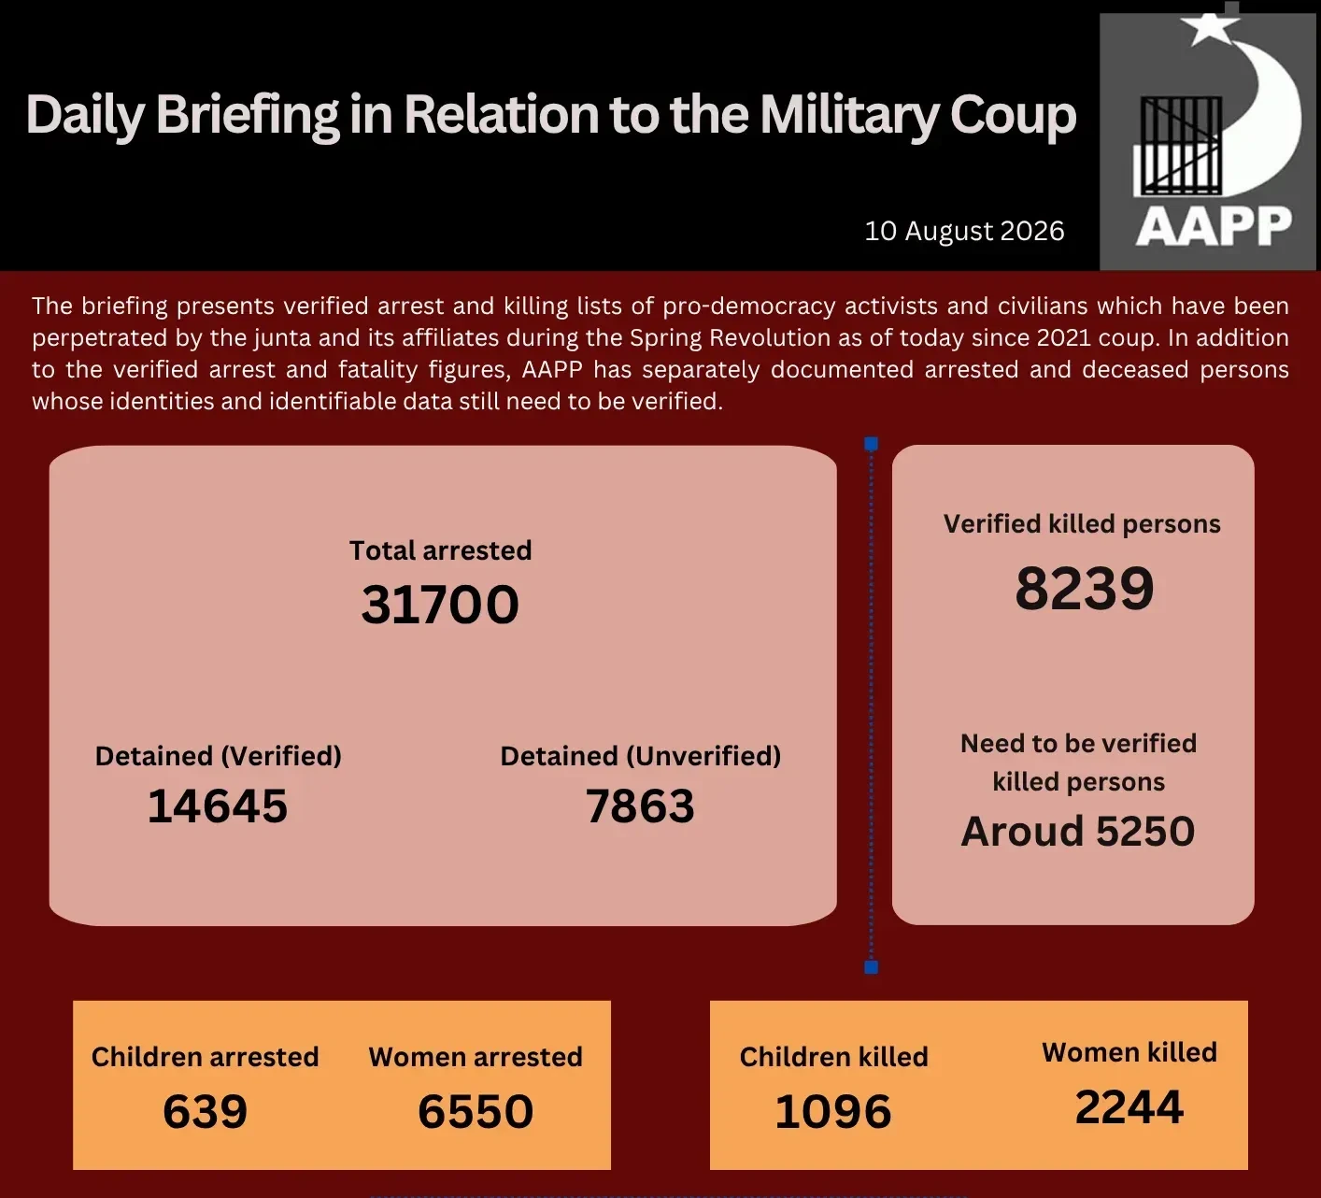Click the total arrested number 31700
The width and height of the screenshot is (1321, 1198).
pyautogui.click(x=440, y=605)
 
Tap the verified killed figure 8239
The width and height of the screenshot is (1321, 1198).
pyautogui.click(x=1085, y=588)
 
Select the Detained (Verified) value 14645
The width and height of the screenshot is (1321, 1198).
pyautogui.click(x=218, y=806)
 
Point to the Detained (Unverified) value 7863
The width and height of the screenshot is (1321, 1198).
pyautogui.click(x=640, y=806)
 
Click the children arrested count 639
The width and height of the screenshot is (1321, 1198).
pyautogui.click(x=205, y=1111)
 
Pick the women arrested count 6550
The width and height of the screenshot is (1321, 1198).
pyautogui.click(x=476, y=1111)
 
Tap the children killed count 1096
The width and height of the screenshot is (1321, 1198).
pyautogui.click(x=833, y=1111)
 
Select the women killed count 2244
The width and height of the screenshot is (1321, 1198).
pyautogui.click(x=1129, y=1106)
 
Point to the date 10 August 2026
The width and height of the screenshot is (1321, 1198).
pyautogui.click(x=964, y=231)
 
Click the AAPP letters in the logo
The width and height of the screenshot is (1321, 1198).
pyautogui.click(x=1214, y=226)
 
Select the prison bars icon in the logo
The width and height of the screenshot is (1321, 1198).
pyautogui.click(x=1177, y=147)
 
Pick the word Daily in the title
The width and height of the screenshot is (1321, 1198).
pyautogui.click(x=84, y=116)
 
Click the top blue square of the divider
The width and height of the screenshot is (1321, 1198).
pyautogui.click(x=871, y=444)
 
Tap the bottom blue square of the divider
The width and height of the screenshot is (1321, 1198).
pyautogui.click(x=871, y=966)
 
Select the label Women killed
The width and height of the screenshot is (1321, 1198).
pyautogui.click(x=1129, y=1052)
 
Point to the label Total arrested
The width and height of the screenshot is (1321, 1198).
pyautogui.click(x=440, y=550)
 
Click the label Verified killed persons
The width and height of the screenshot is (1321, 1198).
pyautogui.click(x=1081, y=524)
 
